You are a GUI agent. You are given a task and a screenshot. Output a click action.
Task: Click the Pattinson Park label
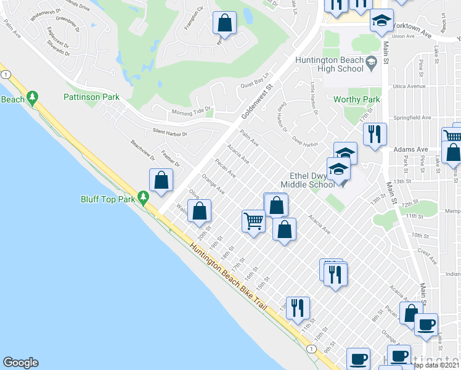pos(91,97)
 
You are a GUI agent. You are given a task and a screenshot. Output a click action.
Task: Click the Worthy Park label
pos(356,99)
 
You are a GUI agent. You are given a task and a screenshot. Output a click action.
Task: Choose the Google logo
pos(20,363)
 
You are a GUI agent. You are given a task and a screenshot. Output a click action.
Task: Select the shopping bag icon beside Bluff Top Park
pos(161,181)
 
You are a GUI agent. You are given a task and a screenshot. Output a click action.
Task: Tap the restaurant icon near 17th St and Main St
pos(374,134)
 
